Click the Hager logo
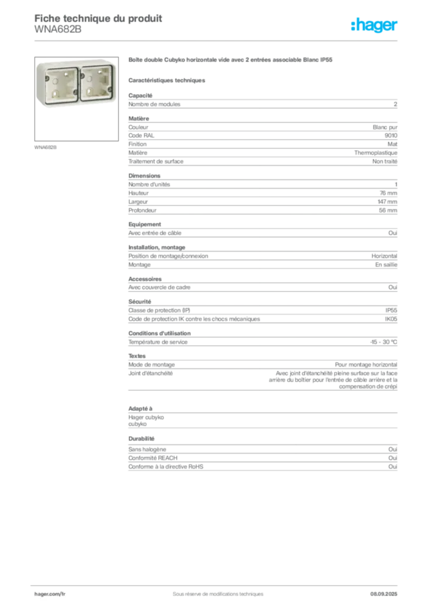(374, 25)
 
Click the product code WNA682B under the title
(58, 30)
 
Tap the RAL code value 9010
(391, 136)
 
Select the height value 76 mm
(388, 194)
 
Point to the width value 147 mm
(387, 202)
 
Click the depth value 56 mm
(388, 211)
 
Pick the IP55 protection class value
(391, 310)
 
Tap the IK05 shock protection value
(391, 319)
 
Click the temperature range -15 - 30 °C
(384, 342)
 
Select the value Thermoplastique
(376, 153)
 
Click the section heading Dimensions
(144, 176)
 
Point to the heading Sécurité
(140, 302)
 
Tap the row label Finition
(137, 144)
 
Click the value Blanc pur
(385, 128)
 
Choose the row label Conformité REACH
(153, 458)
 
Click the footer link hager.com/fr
(50, 594)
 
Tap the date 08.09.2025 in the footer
(384, 594)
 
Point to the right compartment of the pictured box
(96, 81)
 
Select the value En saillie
(386, 265)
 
